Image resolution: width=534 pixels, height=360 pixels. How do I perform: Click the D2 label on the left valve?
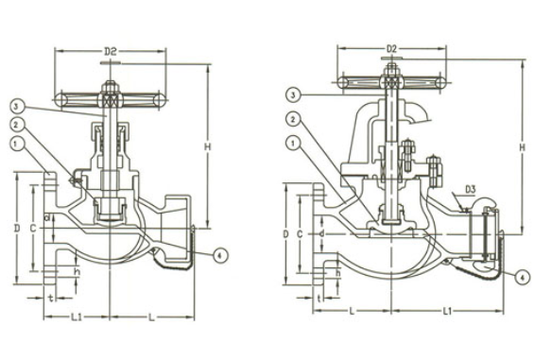point(111,52)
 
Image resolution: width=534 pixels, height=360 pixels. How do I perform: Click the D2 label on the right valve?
point(391,49)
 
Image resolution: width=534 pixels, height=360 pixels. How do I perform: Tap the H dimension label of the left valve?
point(208,146)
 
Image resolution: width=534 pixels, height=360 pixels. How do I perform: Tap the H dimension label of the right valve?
point(522,147)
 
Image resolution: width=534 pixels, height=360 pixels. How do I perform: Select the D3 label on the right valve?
point(470,189)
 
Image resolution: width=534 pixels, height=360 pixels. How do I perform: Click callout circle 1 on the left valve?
point(16,145)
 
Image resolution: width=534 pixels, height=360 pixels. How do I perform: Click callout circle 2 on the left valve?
point(16,125)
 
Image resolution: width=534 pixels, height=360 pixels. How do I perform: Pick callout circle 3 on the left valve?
point(16,107)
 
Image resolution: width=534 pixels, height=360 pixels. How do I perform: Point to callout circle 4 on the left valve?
point(220,254)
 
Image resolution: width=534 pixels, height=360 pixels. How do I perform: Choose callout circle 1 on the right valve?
point(292,144)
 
